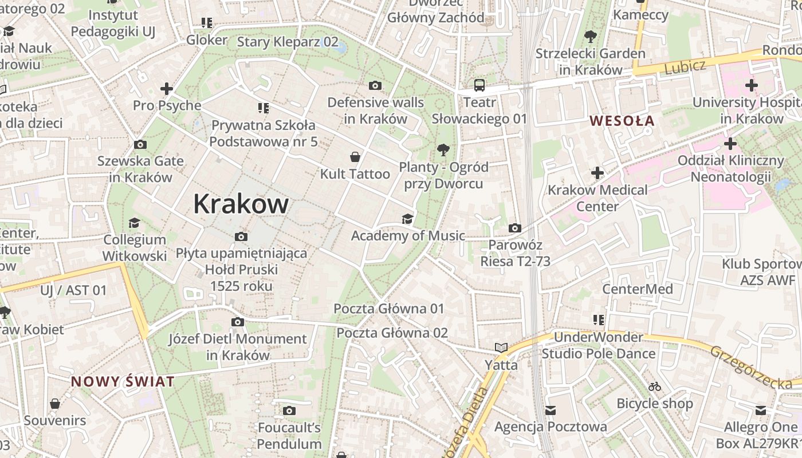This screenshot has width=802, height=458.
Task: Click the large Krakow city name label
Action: click(241, 204)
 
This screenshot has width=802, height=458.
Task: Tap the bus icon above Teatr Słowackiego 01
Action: click(479, 86)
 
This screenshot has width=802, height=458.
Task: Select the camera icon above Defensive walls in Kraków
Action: click(375, 86)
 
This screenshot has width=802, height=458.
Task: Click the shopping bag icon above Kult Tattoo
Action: click(355, 157)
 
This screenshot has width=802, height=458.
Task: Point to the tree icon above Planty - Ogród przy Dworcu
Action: click(443, 151)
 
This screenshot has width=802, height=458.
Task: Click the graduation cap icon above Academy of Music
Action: click(407, 219)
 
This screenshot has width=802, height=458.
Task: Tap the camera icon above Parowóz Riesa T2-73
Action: click(515, 228)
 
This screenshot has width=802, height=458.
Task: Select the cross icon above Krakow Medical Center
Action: click(597, 173)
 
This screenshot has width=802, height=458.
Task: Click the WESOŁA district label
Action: click(622, 121)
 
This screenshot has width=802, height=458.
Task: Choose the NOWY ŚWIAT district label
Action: click(123, 382)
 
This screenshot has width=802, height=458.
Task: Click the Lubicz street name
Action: click(685, 66)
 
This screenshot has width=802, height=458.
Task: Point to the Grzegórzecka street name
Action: click(751, 368)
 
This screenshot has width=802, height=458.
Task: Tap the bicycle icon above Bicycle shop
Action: click(655, 387)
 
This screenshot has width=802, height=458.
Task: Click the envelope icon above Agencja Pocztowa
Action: click(551, 410)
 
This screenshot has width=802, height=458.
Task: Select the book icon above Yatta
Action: click(501, 348)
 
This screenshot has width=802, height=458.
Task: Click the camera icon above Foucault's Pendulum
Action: click(289, 410)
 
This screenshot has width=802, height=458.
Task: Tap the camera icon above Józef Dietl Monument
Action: click(238, 322)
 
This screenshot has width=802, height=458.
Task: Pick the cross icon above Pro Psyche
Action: click(167, 89)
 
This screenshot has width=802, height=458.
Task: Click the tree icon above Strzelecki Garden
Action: click(590, 37)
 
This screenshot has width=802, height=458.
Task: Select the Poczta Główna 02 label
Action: click(392, 333)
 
